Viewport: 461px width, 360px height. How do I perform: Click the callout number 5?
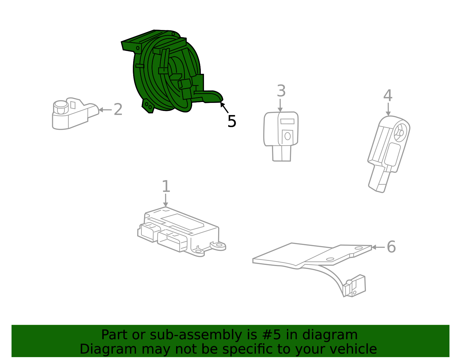[232, 121]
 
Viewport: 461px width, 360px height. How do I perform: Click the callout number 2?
[118, 110]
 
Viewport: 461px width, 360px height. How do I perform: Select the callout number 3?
[281, 91]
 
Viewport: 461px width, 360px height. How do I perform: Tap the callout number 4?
[388, 95]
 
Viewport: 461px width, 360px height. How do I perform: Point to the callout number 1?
[166, 186]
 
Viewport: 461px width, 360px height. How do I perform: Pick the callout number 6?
[391, 247]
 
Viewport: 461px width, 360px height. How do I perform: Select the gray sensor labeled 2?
[73, 114]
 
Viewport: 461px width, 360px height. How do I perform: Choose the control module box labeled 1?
[179, 231]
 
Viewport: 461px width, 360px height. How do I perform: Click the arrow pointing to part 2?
[104, 110]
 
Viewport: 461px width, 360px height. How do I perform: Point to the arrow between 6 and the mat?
[377, 247]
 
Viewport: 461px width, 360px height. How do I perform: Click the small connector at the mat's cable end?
[355, 286]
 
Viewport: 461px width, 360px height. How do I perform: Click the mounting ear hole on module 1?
[219, 245]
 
